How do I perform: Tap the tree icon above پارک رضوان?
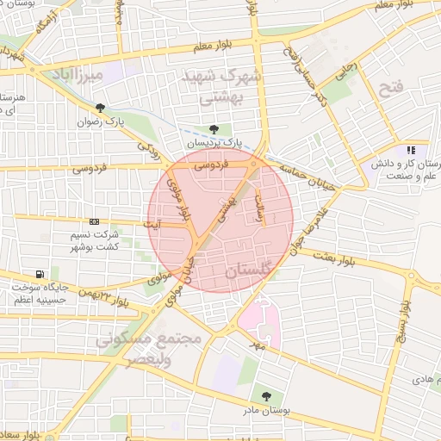(102, 108)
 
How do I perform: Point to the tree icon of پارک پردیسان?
(214, 130)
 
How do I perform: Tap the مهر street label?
(256, 342)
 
